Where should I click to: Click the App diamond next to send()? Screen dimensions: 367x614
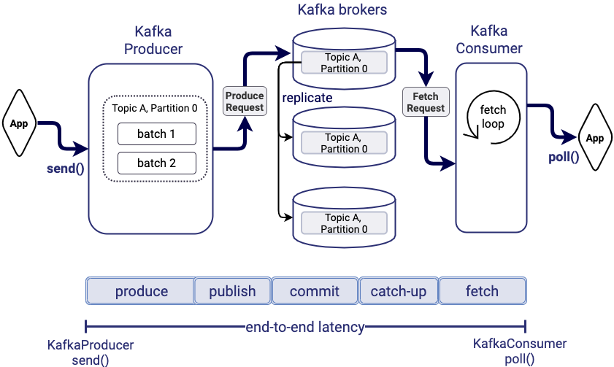coord(19,123)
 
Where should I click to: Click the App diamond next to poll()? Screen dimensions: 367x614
coord(595,138)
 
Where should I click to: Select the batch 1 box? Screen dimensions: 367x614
coord(156,134)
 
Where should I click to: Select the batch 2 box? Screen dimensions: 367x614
coord(156,163)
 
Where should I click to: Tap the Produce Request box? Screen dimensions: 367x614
coord(244,101)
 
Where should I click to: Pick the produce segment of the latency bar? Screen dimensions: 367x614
coord(141,291)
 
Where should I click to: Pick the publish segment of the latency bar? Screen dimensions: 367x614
coord(232,291)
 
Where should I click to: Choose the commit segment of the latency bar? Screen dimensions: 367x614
coord(315,291)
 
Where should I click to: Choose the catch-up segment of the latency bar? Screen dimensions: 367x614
coord(399,291)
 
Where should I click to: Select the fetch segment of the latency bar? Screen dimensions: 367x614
coord(482,291)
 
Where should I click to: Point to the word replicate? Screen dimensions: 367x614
coord(307,98)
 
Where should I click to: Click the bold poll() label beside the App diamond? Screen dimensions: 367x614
coord(564,157)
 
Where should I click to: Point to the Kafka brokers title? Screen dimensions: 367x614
coord(343,10)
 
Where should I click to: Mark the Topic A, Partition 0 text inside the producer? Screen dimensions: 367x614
coord(155,109)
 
